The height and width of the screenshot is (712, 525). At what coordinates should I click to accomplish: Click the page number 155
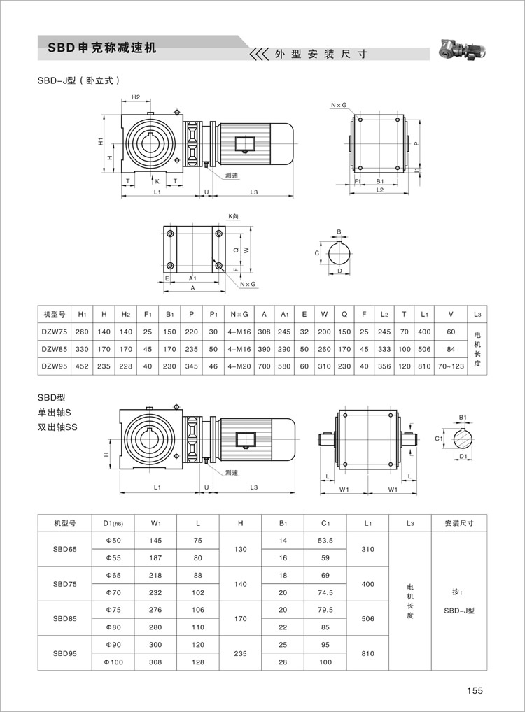click(x=475, y=690)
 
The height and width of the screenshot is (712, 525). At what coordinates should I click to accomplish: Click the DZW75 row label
click(x=54, y=332)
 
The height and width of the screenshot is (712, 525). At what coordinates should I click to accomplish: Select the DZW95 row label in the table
click(x=54, y=366)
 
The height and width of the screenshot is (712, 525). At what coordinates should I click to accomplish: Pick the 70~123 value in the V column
click(x=451, y=366)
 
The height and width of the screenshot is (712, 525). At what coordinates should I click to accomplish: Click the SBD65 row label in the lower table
click(x=64, y=549)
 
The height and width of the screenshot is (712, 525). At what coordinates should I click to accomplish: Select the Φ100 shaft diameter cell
click(x=113, y=662)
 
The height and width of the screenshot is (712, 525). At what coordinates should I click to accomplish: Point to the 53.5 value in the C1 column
click(x=324, y=541)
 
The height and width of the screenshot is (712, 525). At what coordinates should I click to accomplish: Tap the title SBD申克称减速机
click(x=102, y=49)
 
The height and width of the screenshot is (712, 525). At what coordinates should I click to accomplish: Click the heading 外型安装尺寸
click(x=321, y=54)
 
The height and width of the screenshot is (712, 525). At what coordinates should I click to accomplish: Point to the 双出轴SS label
click(x=57, y=427)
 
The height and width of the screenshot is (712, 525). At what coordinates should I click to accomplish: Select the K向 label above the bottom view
click(x=234, y=218)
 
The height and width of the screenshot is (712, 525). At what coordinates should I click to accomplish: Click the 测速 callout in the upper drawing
click(x=232, y=175)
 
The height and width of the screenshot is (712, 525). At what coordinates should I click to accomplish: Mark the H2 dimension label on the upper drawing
click(x=136, y=97)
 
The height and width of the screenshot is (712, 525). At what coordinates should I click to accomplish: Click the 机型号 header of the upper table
click(x=54, y=315)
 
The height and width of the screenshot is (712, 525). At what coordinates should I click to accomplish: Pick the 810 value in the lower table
click(x=367, y=653)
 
